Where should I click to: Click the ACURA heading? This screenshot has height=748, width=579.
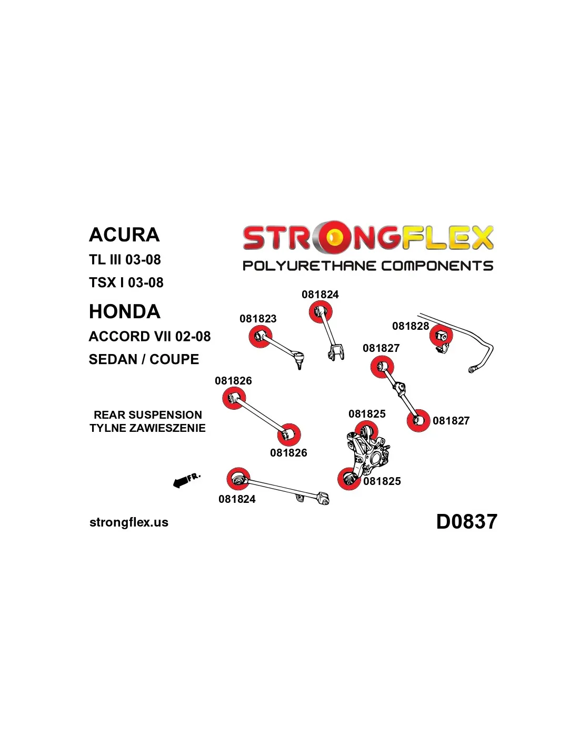[x=124, y=235]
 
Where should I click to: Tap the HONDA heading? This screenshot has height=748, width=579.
[x=125, y=312]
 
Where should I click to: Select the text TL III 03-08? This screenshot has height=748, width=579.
[x=125, y=260]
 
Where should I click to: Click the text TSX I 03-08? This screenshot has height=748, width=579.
[x=126, y=283]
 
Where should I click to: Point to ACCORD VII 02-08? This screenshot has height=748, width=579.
[x=150, y=337]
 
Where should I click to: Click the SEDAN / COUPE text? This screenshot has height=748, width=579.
[x=144, y=360]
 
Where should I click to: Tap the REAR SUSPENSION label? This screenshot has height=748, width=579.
[x=148, y=415]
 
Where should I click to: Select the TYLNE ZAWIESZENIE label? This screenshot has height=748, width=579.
[x=148, y=428]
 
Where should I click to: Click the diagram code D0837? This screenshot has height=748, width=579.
[x=466, y=522]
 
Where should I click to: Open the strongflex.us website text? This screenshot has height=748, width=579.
[x=129, y=522]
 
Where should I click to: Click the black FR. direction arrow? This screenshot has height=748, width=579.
[x=182, y=481]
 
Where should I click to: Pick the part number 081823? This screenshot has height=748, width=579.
[x=258, y=319]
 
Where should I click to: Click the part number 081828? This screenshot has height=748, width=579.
[x=411, y=326]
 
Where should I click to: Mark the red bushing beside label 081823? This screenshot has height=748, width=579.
[x=261, y=337]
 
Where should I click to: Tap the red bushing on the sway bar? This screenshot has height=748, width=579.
[x=441, y=336]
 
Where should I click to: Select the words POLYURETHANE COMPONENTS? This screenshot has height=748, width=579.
[x=368, y=266]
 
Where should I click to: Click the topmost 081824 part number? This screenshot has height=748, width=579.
[x=320, y=295]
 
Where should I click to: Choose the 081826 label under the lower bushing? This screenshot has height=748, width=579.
[x=288, y=453]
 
